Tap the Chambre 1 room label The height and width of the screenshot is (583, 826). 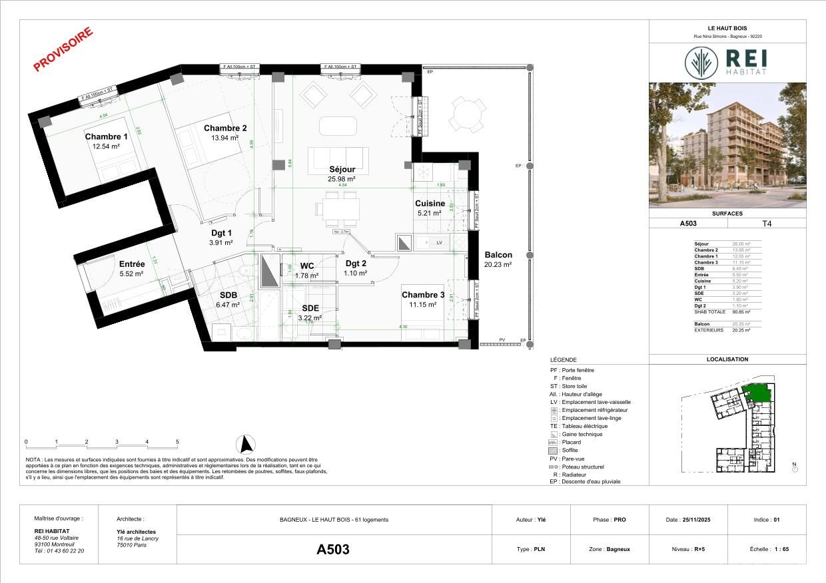pyautogui.click(x=106, y=137)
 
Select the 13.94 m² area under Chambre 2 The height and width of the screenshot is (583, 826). pyautogui.click(x=225, y=138)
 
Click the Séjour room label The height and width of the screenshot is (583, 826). pyautogui.click(x=342, y=169)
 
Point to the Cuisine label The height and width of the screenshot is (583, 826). pyautogui.click(x=430, y=204)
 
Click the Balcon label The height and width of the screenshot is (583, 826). pyautogui.click(x=498, y=255)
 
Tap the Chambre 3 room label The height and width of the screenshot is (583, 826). pyautogui.click(x=423, y=295)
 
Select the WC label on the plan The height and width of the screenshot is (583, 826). pyautogui.click(x=306, y=266)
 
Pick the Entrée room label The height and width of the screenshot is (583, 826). pyautogui.click(x=132, y=264)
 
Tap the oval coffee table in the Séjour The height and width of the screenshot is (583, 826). pyautogui.click(x=338, y=125)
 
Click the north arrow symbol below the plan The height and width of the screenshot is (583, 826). pyautogui.click(x=246, y=444)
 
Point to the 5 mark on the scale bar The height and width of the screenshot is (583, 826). pyautogui.click(x=177, y=442)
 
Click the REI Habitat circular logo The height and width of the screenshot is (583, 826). pyautogui.click(x=702, y=62)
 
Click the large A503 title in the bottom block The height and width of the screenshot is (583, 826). pyautogui.click(x=333, y=550)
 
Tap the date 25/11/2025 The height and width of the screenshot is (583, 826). pyautogui.click(x=697, y=520)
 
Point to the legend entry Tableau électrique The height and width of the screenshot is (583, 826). pyautogui.click(x=584, y=426)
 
